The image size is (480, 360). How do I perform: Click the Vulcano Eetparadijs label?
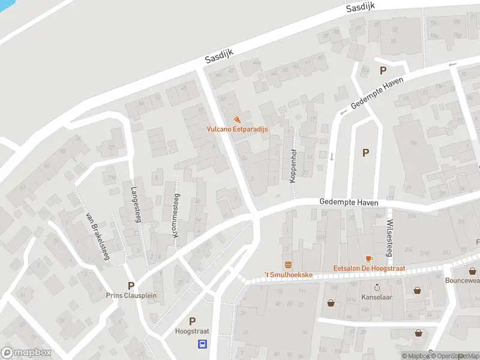238,129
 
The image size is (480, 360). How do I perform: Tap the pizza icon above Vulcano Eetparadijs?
238,119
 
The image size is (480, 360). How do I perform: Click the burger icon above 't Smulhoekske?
288,265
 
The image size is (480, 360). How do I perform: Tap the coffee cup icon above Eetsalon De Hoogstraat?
368,259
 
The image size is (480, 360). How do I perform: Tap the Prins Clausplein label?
130,295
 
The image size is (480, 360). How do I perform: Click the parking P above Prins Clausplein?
130,286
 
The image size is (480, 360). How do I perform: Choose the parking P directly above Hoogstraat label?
192,322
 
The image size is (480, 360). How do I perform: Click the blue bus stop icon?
203,344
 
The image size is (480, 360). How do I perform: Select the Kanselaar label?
377,297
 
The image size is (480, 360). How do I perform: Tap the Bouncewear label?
462,280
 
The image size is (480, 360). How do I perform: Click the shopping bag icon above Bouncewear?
473,271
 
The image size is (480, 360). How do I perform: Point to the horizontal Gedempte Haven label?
349,203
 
